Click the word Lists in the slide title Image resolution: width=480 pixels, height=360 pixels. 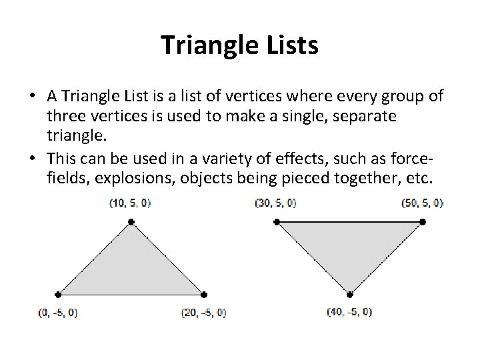pyautogui.click(x=288, y=45)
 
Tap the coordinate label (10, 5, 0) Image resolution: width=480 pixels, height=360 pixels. pyautogui.click(x=129, y=203)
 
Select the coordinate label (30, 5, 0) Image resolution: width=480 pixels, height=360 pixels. pyautogui.click(x=275, y=203)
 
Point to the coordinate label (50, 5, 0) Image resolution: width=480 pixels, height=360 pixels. pyautogui.click(x=422, y=203)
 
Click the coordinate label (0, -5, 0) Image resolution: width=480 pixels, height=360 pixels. pyautogui.click(x=58, y=312)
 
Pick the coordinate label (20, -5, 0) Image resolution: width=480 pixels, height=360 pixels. pyautogui.click(x=203, y=312)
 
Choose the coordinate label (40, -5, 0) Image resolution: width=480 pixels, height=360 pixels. pyautogui.click(x=349, y=312)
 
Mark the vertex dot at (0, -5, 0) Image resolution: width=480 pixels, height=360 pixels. pyautogui.click(x=58, y=294)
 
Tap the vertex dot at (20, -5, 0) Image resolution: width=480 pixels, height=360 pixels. pyautogui.click(x=204, y=294)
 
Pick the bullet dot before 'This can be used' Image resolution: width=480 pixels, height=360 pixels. pyautogui.click(x=32, y=162)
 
